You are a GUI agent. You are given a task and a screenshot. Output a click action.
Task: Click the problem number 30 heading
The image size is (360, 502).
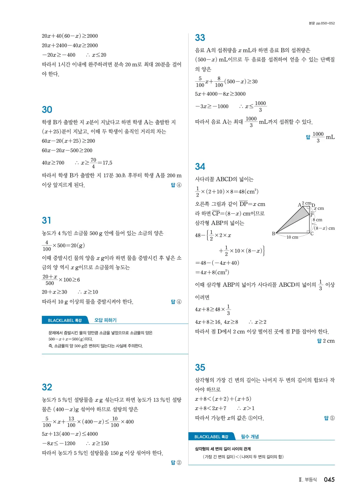pos(47,110)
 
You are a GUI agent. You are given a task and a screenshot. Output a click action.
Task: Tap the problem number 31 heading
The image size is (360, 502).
pos(46,220)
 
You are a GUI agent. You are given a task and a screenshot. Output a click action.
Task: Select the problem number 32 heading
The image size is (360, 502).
pos(47,387)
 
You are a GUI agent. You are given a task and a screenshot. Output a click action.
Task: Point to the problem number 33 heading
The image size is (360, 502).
pos(200,38)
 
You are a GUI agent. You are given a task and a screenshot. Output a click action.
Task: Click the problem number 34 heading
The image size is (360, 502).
pos(200,167)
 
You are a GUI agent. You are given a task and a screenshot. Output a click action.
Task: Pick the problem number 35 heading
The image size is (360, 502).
pos(200,367)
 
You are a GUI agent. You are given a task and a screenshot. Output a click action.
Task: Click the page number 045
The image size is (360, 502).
pos(329,480)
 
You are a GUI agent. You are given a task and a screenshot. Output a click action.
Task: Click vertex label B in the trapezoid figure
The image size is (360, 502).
pos(274,234)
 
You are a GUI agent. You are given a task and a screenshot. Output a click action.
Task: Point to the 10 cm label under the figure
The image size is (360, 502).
pos(292,237)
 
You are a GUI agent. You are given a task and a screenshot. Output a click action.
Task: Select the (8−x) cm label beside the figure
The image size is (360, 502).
pos(325,228)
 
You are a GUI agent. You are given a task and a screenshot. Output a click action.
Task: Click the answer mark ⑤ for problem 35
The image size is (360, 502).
pos(332,418)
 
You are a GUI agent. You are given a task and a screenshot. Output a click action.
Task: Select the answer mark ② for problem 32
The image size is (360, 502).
pos(179,463)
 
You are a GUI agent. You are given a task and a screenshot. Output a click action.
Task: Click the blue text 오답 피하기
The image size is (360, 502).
pos(105,320)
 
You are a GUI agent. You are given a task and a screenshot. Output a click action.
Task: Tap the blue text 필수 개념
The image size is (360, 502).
pos(250,437)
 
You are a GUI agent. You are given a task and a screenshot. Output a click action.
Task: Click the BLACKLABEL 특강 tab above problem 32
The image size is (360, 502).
pos(65,320)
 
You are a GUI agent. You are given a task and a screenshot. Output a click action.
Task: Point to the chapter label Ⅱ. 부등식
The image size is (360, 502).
pos(308,480)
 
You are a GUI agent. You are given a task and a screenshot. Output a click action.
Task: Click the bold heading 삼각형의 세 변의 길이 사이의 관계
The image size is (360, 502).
pos(223,449)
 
